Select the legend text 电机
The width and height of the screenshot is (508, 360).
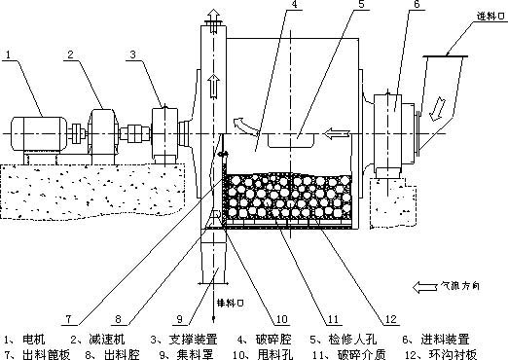coord(40,340)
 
